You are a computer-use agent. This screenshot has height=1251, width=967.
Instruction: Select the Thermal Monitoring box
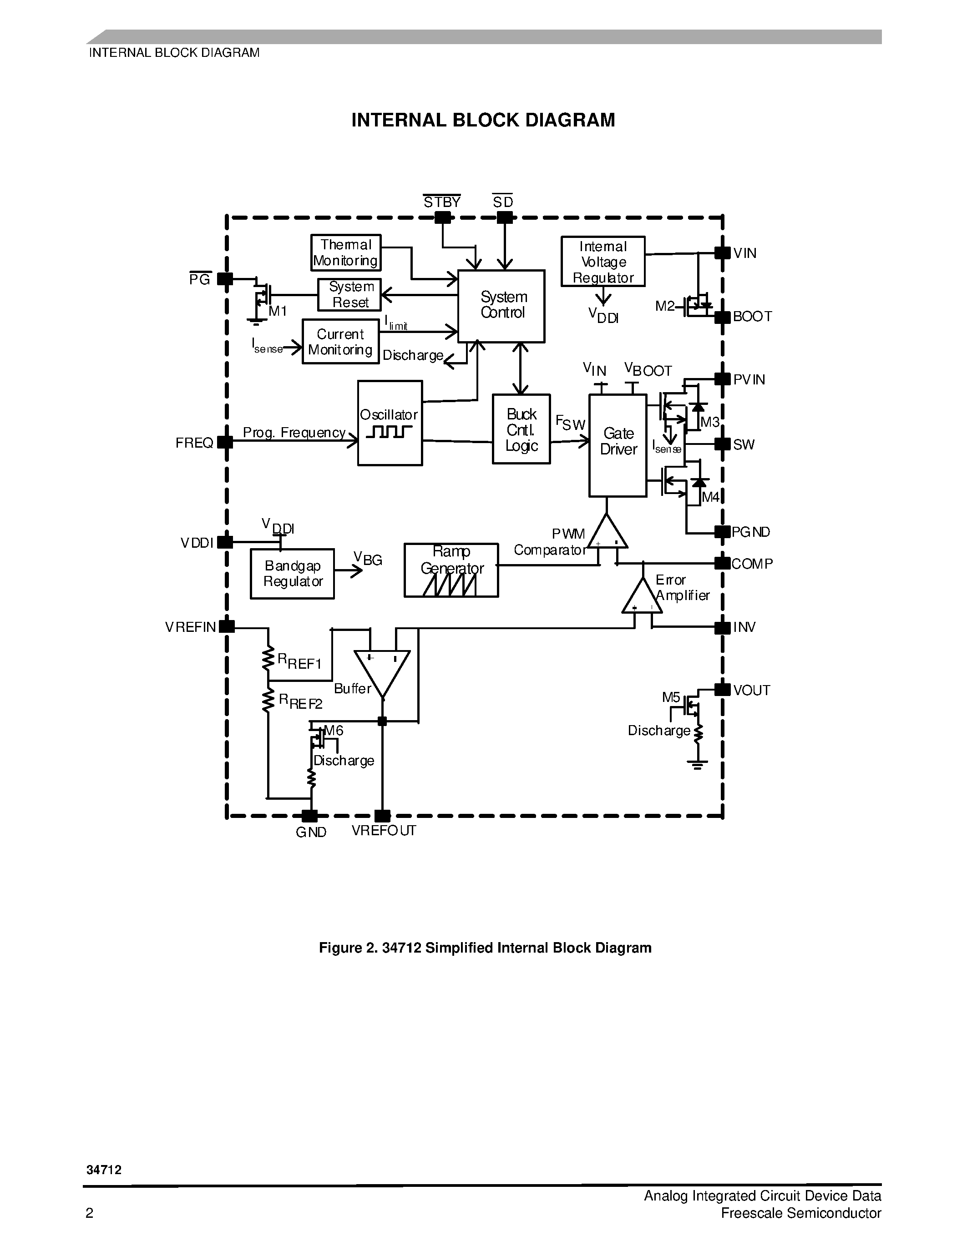[x=345, y=252]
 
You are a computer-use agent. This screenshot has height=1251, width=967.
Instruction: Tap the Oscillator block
[x=390, y=424]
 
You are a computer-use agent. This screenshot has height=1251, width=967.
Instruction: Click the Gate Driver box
[x=618, y=445]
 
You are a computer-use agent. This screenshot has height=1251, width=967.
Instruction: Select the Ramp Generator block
[x=451, y=570]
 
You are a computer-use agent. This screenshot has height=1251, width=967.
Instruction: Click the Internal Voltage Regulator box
[x=602, y=262]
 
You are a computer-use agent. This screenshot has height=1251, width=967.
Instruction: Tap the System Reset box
[x=349, y=295]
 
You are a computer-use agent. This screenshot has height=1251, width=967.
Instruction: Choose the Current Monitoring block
[x=340, y=341]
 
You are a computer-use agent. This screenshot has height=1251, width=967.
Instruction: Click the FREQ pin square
[x=225, y=442]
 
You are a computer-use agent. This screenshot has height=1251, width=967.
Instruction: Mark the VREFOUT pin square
[x=382, y=816]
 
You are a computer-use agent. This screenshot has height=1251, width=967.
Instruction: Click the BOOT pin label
[x=752, y=317]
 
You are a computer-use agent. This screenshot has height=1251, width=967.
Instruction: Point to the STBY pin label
[x=442, y=202]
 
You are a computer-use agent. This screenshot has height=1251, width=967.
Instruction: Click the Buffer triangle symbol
[x=382, y=670]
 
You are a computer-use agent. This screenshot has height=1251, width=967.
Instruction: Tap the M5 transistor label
[x=671, y=697]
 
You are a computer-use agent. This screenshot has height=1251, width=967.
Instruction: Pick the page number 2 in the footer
[x=89, y=1213]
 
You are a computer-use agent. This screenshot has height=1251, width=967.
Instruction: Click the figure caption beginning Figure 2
[x=485, y=948]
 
